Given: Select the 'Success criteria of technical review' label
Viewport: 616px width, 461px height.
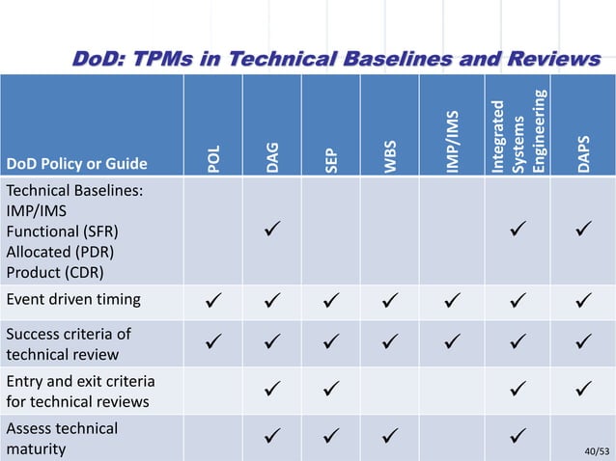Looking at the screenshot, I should click(70, 343).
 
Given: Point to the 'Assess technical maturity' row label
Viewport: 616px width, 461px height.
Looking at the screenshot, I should click(63, 438).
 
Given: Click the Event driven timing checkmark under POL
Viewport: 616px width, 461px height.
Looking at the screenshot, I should click(216, 299).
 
